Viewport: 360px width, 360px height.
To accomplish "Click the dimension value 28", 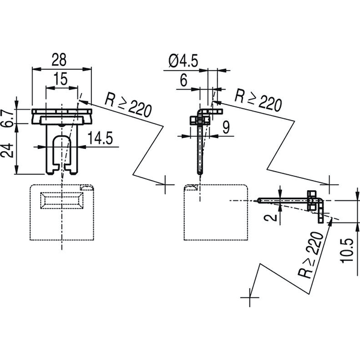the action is (59, 59).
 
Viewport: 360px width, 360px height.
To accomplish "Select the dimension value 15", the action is (61, 79).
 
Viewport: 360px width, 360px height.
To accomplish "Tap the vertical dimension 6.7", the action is (6, 118).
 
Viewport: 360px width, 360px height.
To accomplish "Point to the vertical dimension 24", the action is (7, 150).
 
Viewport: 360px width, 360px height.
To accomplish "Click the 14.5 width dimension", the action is (100, 138).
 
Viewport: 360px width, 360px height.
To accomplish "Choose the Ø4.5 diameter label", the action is (183, 61).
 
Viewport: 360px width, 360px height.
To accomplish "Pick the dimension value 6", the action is (184, 80).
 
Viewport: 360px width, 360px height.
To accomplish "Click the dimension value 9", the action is (226, 127).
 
